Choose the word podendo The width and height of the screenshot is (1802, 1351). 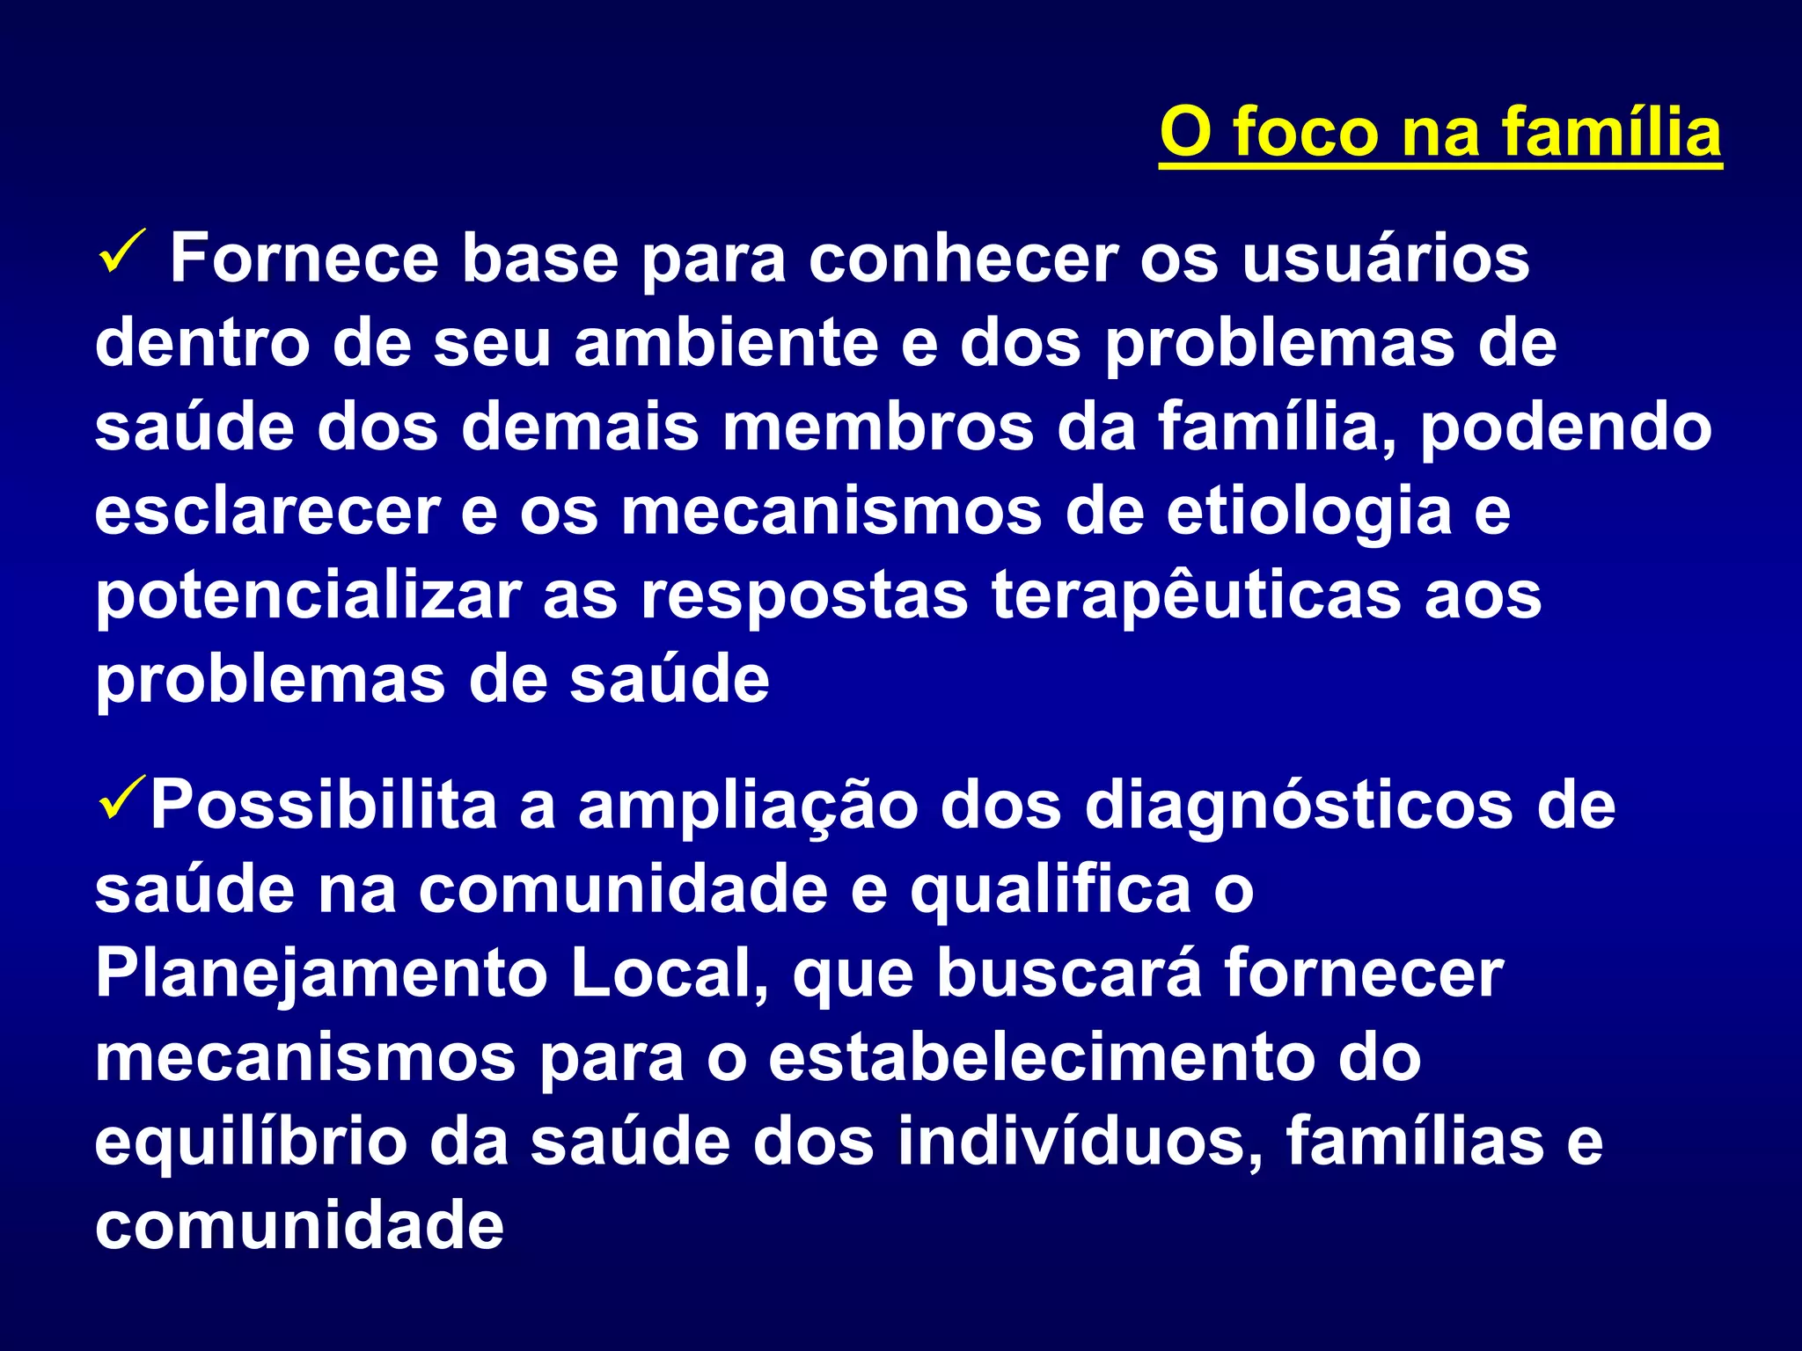click(1566, 428)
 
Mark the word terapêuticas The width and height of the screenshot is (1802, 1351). click(1196, 596)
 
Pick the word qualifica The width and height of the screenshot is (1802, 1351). click(1050, 891)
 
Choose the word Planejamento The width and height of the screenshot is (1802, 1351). click(322, 975)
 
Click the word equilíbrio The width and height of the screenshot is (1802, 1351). click(251, 1143)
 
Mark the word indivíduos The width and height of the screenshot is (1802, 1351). click(1080, 1142)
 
